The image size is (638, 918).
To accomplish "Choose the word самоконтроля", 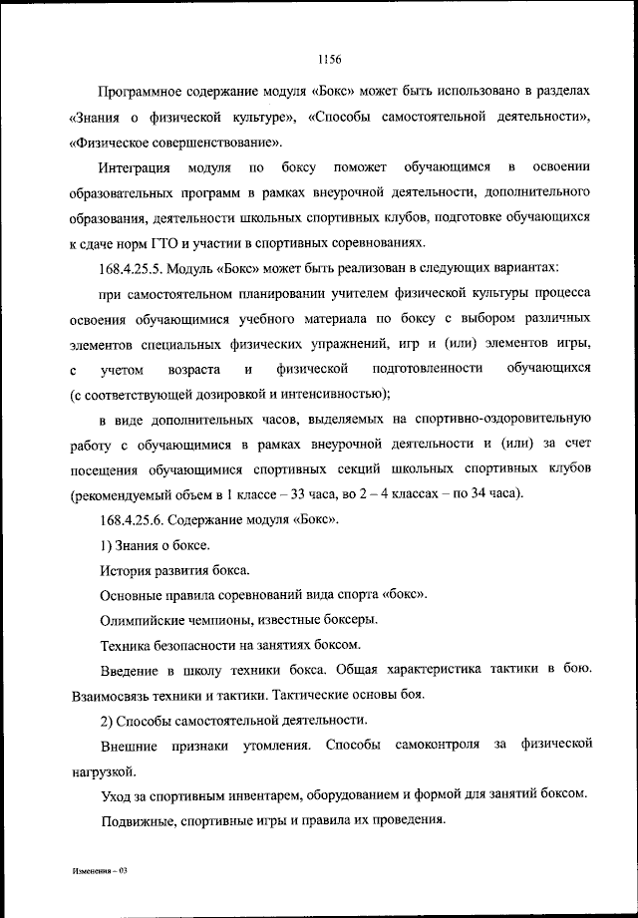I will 437,745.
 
